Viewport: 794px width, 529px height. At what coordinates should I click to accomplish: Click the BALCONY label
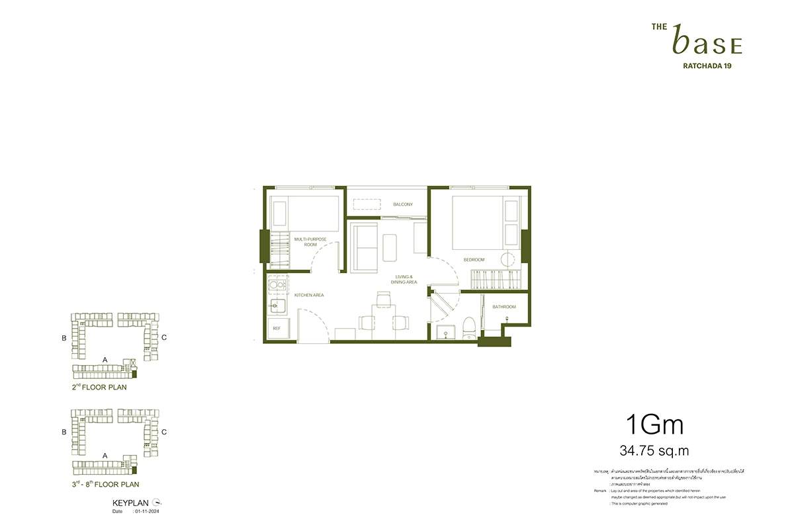pos(402,204)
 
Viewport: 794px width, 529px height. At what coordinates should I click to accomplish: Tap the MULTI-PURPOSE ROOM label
pos(310,241)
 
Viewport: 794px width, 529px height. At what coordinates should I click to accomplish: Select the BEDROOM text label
pos(474,260)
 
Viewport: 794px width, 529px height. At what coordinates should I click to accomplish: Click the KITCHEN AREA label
pos(308,295)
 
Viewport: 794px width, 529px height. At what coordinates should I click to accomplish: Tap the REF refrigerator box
pos(277,329)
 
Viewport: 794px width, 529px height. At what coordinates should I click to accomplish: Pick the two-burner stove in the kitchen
pos(278,287)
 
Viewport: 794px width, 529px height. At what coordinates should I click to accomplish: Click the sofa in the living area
pos(363,247)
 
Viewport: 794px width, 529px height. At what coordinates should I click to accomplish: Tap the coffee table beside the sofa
pos(389,247)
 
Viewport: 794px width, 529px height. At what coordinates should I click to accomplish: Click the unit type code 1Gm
pos(654,425)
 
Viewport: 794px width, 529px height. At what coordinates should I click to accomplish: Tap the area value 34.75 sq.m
pos(654,451)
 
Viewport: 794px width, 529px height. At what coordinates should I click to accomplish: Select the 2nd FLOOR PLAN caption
pos(99,387)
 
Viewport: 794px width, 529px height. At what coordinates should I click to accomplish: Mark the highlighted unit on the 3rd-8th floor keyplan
pos(135,469)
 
